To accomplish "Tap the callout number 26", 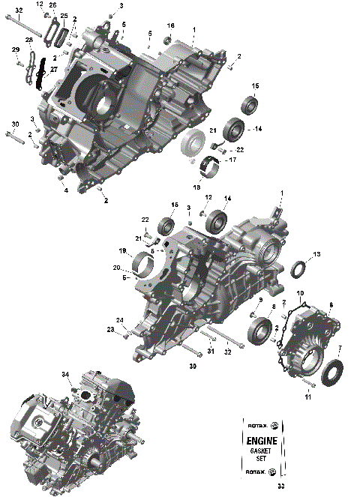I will point(53,4).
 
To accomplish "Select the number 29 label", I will point(14,49).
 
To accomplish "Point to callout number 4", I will point(65,190).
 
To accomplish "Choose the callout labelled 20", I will point(116,268).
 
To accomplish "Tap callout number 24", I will point(119,319).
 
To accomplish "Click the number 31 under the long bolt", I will point(211,352).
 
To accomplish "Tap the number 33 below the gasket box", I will point(260,487).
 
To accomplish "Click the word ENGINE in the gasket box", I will point(260,442).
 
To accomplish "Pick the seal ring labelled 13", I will point(297,268).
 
